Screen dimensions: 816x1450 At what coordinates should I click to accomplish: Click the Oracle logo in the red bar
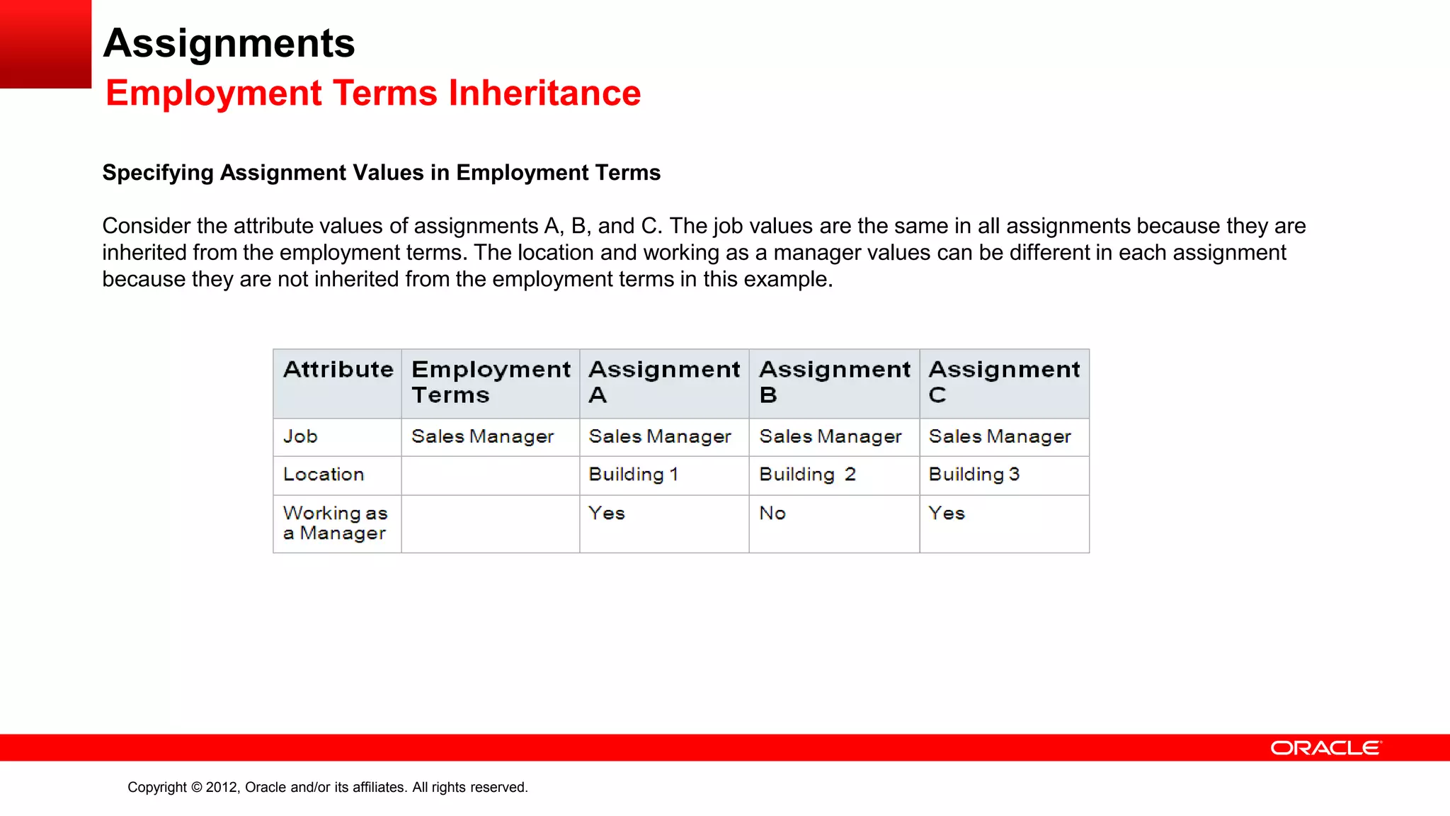point(1325,748)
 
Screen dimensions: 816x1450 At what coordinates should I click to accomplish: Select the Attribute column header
point(338,370)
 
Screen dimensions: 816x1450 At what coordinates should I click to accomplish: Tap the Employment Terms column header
point(490,382)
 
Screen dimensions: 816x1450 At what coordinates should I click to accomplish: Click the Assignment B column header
point(834,382)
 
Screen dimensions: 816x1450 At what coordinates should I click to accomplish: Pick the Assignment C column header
point(1004,382)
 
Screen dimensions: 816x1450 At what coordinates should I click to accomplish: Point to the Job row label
point(300,436)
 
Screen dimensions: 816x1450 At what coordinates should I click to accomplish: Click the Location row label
point(324,475)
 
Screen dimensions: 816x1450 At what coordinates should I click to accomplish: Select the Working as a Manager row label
point(335,523)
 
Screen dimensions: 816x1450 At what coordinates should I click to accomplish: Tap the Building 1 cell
point(634,475)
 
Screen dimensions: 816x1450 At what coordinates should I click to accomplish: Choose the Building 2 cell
point(807,475)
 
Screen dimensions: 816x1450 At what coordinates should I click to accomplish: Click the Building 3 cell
point(974,475)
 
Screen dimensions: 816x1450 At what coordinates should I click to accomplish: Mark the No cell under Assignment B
point(772,514)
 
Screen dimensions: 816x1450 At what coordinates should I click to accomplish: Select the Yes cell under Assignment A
point(607,514)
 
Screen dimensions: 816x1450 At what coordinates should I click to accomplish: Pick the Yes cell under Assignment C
point(947,514)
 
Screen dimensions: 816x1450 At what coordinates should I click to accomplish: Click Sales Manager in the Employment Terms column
point(482,436)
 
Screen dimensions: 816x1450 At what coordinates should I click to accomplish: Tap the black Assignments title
point(229,43)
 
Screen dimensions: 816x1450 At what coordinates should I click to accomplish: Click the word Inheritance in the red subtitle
point(544,93)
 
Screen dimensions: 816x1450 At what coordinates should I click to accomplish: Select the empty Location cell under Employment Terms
point(490,475)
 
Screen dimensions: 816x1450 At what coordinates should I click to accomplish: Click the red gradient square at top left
point(45,44)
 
